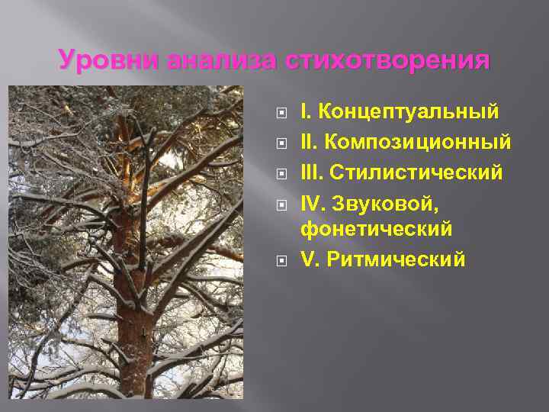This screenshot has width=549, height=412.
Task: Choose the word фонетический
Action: pos(377,228)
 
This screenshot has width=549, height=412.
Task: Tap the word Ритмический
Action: pos(396,259)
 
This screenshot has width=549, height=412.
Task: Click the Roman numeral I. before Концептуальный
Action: pos(306,113)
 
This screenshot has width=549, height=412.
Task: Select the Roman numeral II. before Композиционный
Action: pos(308,143)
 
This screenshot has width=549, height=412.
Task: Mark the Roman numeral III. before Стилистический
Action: pos(311,172)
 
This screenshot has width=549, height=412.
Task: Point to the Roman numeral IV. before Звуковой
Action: pos(313,202)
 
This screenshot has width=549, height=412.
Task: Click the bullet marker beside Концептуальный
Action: pos(281,114)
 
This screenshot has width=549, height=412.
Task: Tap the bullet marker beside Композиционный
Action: pos(281,143)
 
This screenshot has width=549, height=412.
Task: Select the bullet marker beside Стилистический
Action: pos(281,173)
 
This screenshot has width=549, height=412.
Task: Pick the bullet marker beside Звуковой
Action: pos(281,203)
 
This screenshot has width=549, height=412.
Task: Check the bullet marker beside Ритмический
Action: pos(281,259)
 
